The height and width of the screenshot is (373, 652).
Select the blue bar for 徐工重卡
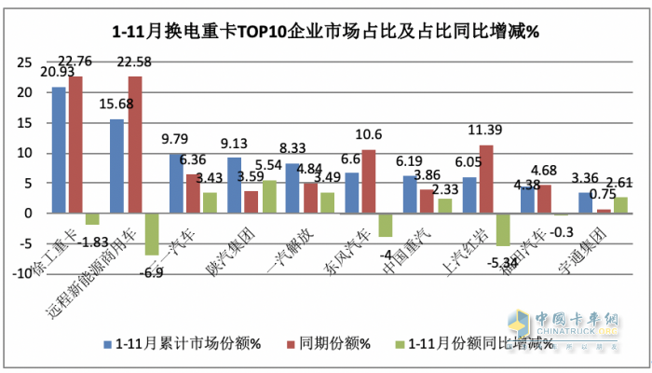tap(59, 149)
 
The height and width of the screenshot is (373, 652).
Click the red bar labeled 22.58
tap(135, 145)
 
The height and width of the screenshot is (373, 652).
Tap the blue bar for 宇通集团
tap(584, 202)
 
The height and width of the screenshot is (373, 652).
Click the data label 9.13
tap(233, 143)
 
